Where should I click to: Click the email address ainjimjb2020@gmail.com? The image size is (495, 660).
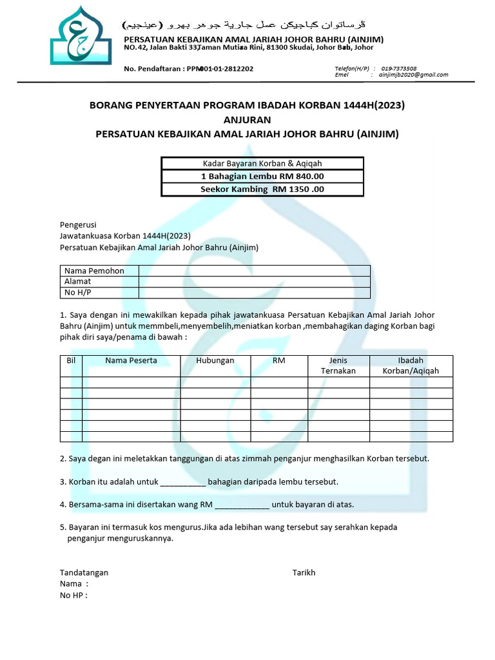413,75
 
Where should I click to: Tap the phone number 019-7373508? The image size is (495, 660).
398,68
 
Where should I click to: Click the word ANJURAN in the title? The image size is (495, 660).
247,119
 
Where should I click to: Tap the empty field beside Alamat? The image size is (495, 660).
255,282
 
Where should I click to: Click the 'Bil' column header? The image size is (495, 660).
71,361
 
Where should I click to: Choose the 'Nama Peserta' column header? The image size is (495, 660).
131,361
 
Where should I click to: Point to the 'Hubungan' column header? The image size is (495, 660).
215,361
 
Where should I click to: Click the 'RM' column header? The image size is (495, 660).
278,361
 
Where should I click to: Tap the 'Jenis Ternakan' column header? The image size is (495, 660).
338,365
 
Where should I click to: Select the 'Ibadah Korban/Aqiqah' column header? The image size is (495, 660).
411,365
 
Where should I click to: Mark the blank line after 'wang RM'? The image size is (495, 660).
242,505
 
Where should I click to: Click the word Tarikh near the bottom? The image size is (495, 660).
304,572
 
